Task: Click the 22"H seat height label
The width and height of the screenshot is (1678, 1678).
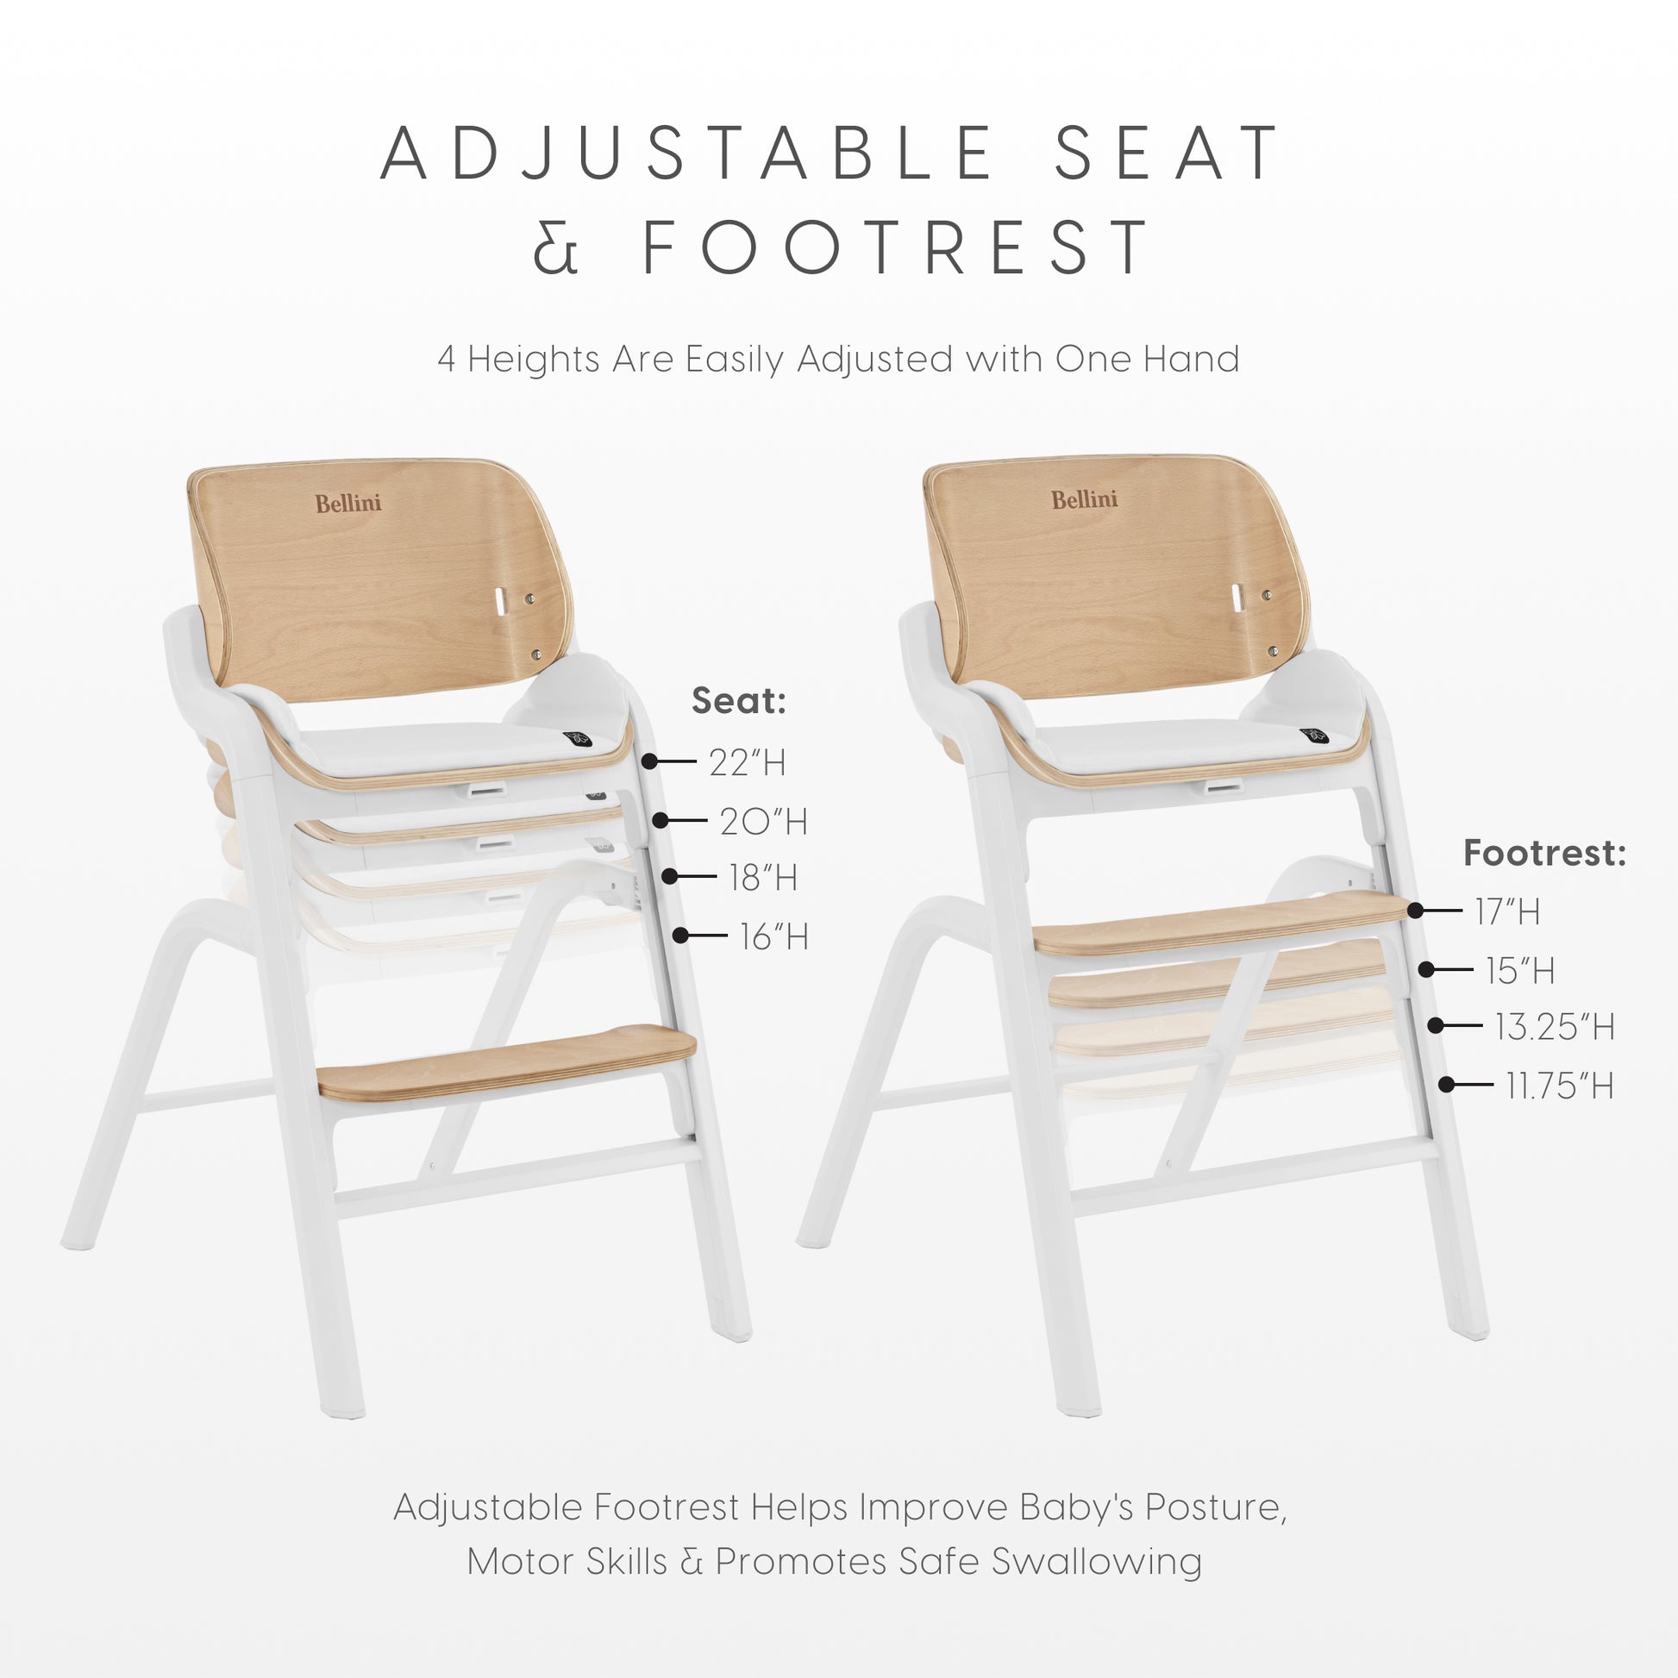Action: (x=748, y=762)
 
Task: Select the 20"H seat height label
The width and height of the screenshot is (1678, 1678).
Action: (x=763, y=821)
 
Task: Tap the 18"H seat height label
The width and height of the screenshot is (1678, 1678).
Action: (x=763, y=877)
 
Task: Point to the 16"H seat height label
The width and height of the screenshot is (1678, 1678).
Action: (x=773, y=936)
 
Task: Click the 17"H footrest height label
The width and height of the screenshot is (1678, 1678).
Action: (x=1507, y=912)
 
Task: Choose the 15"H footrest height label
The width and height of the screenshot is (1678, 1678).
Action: (x=1520, y=970)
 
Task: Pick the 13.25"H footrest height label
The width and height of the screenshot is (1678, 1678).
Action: (x=1555, y=1027)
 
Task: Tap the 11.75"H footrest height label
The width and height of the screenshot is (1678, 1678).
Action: (x=1560, y=1086)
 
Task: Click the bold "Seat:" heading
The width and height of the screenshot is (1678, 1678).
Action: (x=739, y=700)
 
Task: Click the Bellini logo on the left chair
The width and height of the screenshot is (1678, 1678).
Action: (x=348, y=503)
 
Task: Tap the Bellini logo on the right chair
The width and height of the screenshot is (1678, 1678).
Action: (x=1085, y=499)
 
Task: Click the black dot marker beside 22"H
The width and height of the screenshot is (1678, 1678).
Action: (x=649, y=761)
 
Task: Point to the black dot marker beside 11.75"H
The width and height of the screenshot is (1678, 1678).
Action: (x=1446, y=1084)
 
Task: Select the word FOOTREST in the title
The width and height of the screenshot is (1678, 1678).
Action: (x=895, y=247)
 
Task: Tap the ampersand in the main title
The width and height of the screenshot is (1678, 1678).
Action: (x=554, y=247)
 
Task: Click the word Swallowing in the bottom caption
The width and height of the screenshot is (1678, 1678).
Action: (x=1097, y=1562)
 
